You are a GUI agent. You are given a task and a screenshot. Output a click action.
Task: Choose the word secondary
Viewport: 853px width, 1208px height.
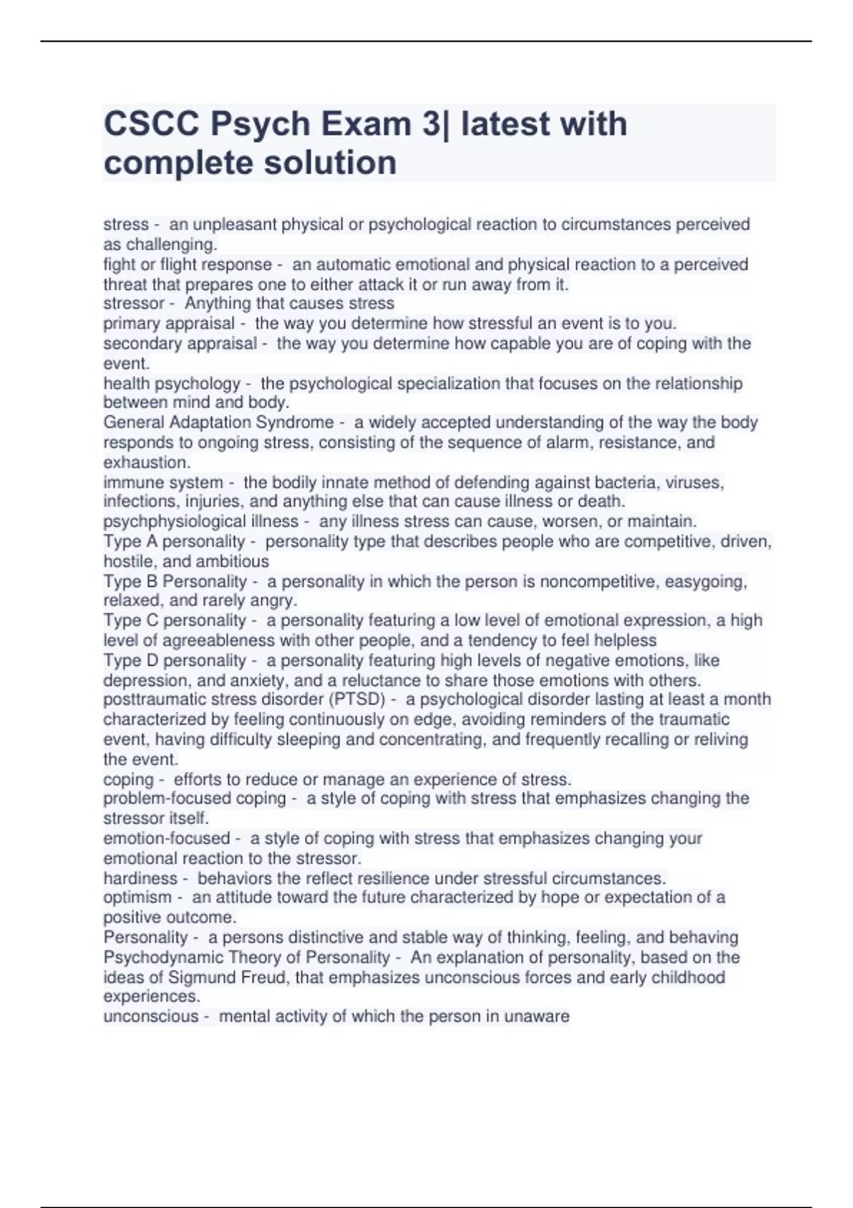(143, 343)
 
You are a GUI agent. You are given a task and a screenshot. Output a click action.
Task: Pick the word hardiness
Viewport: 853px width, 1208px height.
(140, 878)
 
